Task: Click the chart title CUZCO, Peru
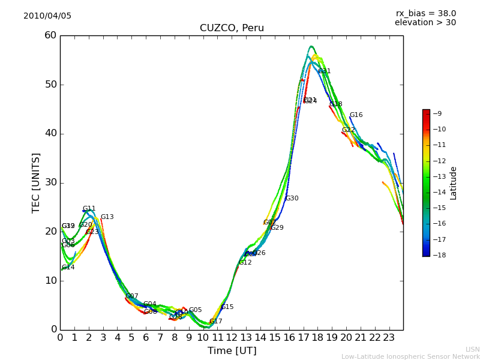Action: (232, 28)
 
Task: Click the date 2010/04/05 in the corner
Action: (47, 16)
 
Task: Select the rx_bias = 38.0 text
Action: (425, 13)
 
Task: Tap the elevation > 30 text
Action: (425, 23)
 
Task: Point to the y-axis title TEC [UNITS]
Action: (36, 182)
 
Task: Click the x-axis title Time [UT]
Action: (232, 351)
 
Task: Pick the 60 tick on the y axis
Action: (50, 35)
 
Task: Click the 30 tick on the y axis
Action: (50, 182)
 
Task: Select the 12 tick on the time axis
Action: (232, 338)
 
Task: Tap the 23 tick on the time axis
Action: (389, 338)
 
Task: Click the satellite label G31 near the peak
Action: (325, 71)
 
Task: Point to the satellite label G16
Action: (356, 115)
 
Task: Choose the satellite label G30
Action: (292, 199)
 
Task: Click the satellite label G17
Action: (216, 322)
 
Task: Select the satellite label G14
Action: (68, 268)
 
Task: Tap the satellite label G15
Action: (227, 307)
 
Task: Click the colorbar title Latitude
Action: (454, 182)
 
